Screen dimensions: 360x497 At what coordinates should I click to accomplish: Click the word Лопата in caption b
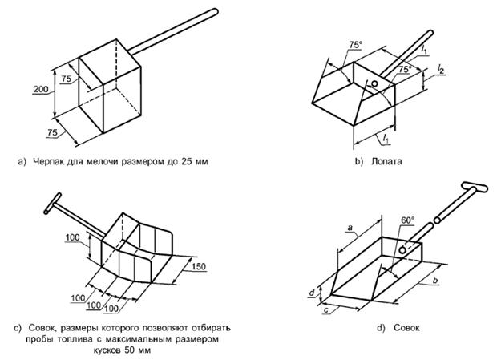[x=386, y=161]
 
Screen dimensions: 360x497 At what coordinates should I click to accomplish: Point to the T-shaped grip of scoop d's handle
[x=475, y=189]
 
